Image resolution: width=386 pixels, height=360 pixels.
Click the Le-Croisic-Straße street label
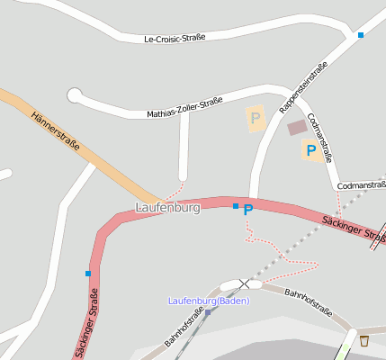click(175, 38)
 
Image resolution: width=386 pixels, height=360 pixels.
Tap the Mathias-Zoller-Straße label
click(184, 108)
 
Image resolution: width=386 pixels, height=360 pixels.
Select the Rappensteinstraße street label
click(303, 87)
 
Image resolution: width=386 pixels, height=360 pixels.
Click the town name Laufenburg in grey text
click(167, 208)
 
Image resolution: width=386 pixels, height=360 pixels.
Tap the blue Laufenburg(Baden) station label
click(209, 301)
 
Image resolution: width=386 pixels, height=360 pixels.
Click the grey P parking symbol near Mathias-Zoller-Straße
click(256, 118)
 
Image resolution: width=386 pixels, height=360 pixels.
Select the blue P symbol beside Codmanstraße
click(310, 151)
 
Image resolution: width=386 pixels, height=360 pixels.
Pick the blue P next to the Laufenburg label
click(248, 210)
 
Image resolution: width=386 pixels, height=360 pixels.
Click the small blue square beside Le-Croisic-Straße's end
click(360, 35)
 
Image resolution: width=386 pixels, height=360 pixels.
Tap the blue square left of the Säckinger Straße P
click(236, 206)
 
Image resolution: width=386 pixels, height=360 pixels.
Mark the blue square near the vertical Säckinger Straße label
click(88, 273)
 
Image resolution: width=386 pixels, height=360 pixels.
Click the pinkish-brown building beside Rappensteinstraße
click(297, 128)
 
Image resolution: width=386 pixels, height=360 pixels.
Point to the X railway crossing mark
click(244, 283)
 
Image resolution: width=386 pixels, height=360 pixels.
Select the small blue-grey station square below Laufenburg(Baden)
click(208, 312)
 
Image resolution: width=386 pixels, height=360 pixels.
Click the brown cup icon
click(364, 340)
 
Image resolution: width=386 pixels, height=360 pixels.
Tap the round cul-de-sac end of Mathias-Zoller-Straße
click(74, 94)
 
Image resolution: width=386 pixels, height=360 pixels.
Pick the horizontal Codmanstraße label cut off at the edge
click(362, 185)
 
